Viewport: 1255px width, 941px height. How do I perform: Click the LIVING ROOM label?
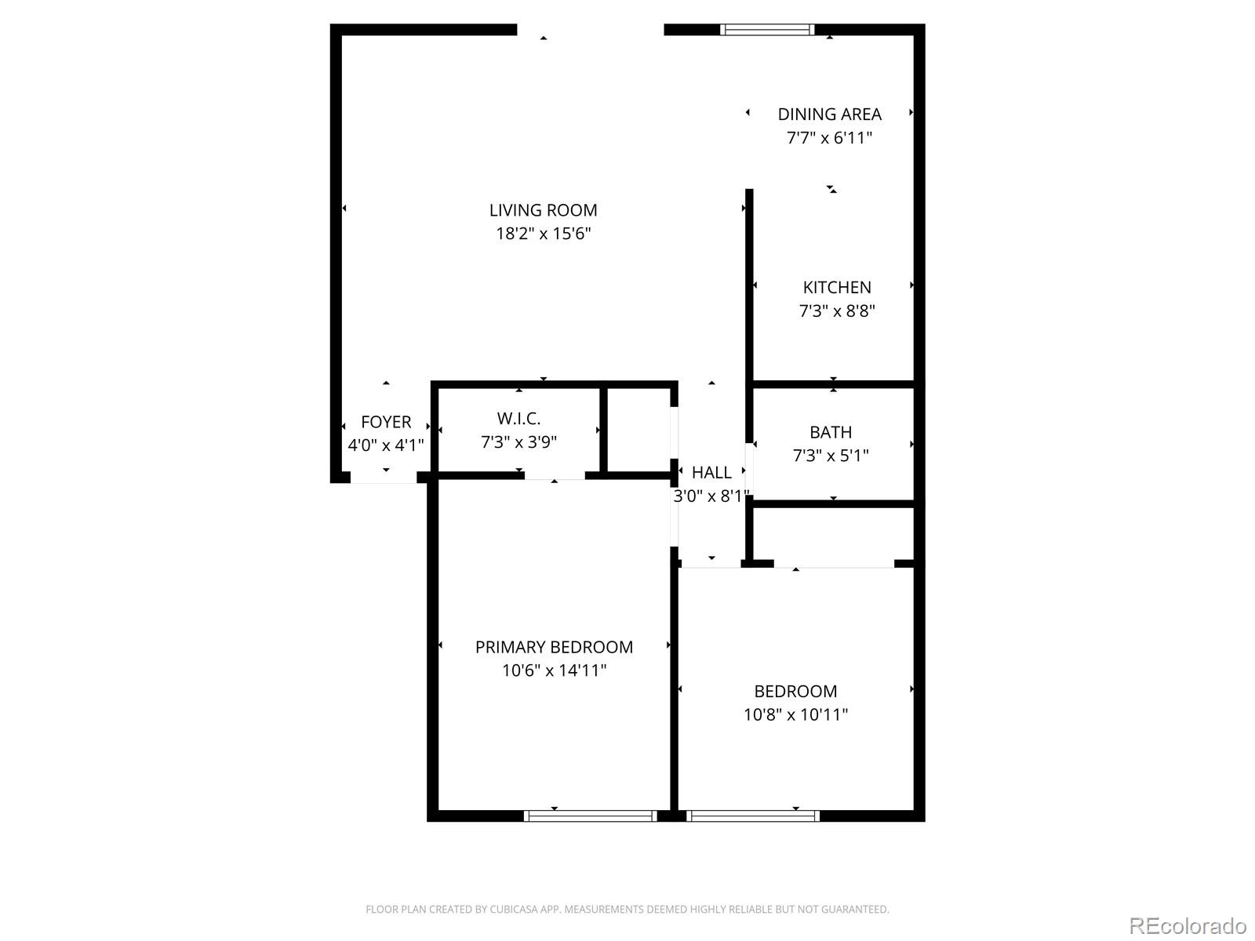coord(543,210)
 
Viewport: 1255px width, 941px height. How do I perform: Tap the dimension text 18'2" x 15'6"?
coord(543,234)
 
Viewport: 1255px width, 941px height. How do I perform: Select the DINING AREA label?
coord(829,114)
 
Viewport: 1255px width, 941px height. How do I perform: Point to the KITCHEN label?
coord(836,288)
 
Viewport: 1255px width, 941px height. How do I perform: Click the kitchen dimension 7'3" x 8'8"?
coord(836,311)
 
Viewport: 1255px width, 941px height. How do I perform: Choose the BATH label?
coord(831,432)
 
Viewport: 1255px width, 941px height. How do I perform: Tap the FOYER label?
coord(386,422)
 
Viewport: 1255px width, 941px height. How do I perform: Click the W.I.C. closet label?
coord(518,419)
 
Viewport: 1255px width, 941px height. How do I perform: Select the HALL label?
coord(711,473)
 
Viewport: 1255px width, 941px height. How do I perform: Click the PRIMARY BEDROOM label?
coord(554,648)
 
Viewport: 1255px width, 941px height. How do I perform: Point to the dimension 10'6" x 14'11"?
coord(554,671)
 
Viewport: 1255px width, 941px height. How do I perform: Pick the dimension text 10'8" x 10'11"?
coord(795,715)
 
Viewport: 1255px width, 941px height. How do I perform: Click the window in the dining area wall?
coord(767,30)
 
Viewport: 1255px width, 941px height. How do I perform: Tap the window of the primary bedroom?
coord(590,816)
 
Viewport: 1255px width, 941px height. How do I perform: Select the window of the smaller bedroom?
coord(752,816)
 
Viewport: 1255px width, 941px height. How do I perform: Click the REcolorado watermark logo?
coord(1187,926)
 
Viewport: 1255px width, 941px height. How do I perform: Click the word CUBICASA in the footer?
coord(513,910)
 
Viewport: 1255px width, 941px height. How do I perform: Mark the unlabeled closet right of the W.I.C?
coord(638,430)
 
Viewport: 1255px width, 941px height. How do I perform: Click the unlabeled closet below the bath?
coord(833,535)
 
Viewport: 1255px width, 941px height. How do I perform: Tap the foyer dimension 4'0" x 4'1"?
coord(386,445)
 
